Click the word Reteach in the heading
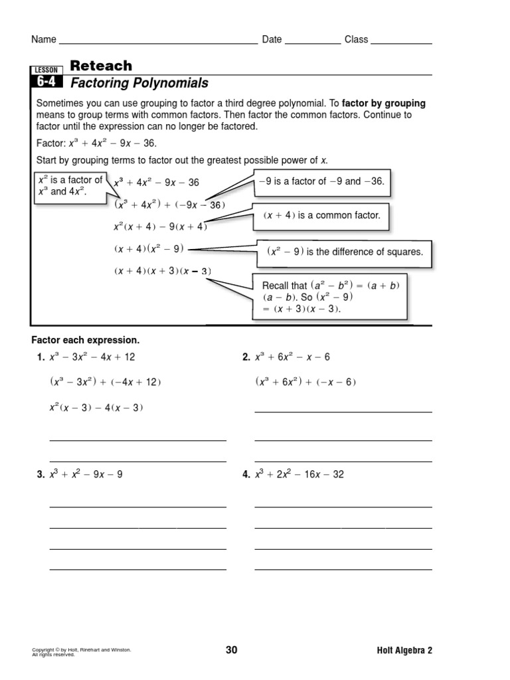pos(101,65)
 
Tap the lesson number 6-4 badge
pos(46,82)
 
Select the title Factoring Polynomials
pos(139,83)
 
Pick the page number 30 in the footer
pos(231,650)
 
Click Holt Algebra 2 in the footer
pos(404,650)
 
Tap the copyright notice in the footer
pos(82,651)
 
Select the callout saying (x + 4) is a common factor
pos(321,216)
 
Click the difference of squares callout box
pos(345,252)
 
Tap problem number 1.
pos(41,357)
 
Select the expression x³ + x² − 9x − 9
pos(86,474)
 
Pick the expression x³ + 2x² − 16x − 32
pos(299,474)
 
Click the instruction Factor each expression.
pos(86,340)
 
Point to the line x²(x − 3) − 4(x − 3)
pos(96,407)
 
